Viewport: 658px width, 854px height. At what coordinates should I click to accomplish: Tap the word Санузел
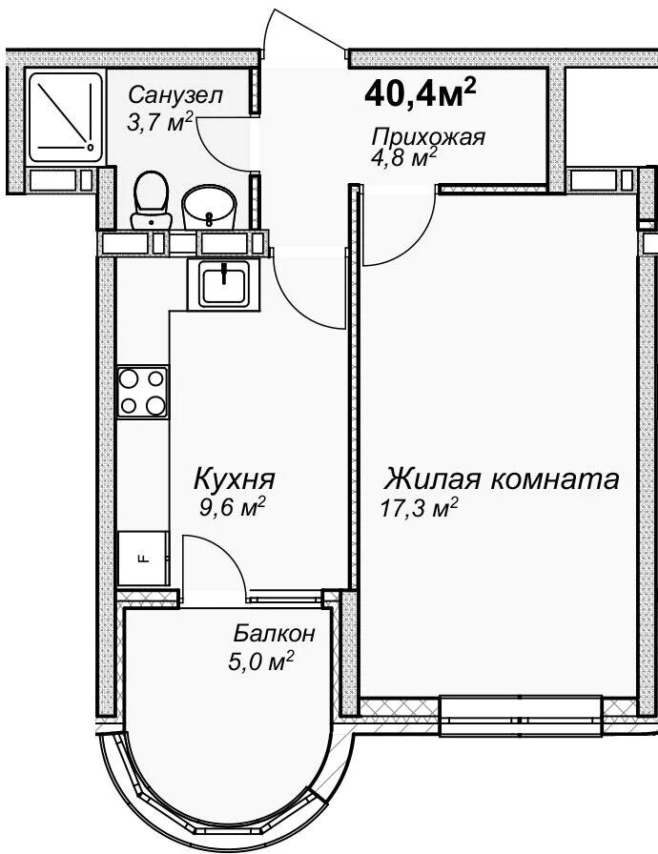click(175, 95)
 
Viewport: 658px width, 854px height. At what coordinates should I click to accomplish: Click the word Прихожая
click(428, 136)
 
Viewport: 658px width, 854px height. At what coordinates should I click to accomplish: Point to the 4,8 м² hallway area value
click(403, 158)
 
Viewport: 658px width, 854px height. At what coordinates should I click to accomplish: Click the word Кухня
click(235, 479)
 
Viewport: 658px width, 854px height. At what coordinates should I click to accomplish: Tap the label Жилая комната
click(501, 479)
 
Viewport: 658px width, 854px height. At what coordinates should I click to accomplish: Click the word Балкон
click(274, 634)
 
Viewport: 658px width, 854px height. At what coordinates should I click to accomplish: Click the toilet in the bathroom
click(151, 200)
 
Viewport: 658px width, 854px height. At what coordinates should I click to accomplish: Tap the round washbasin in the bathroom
click(210, 207)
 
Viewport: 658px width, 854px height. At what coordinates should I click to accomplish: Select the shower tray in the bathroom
click(66, 117)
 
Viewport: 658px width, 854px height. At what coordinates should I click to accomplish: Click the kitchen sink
click(223, 284)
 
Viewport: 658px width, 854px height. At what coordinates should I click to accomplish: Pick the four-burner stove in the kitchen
click(143, 392)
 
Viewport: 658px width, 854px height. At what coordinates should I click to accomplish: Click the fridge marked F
click(143, 559)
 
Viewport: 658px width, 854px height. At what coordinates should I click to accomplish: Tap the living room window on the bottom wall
click(522, 715)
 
